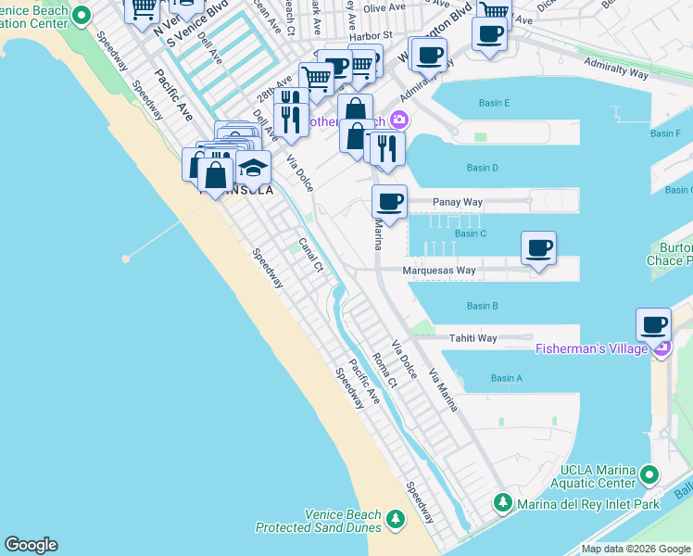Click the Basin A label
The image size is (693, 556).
[x=506, y=378]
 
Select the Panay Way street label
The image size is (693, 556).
[x=458, y=202]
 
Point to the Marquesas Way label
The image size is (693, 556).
[x=439, y=271]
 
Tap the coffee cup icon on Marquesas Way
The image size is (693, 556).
[x=538, y=247]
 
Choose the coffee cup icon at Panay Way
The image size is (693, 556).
[x=389, y=201]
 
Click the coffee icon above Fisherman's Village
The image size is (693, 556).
[x=653, y=325]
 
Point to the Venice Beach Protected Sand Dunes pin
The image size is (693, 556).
[x=397, y=517]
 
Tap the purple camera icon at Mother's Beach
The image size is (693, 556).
[x=400, y=119]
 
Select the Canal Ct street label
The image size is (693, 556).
[x=310, y=255]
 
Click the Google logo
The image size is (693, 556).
[x=31, y=545]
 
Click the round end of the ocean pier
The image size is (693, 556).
[x=125, y=259]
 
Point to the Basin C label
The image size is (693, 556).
[x=471, y=234]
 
